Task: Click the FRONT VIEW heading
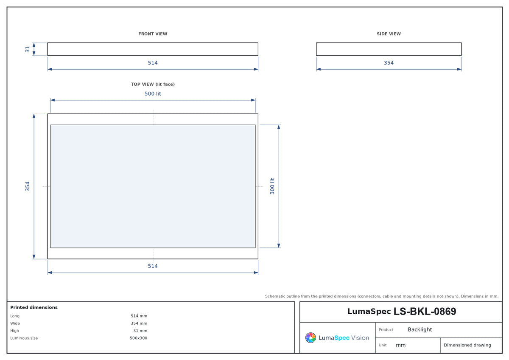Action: tap(153, 34)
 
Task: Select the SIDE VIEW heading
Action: tap(389, 34)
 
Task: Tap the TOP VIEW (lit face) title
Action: tap(153, 84)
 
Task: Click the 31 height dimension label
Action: tap(28, 49)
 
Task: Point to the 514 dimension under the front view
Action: tap(153, 63)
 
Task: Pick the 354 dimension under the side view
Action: tap(389, 63)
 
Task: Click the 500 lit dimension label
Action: tap(153, 94)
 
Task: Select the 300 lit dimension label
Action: tap(272, 186)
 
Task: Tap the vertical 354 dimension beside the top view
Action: tap(28, 186)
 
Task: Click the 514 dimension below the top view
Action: tap(153, 266)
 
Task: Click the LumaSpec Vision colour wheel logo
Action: tap(310, 337)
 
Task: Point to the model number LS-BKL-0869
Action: tap(425, 311)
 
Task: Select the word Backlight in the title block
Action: tap(420, 329)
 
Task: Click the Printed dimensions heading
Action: tap(34, 307)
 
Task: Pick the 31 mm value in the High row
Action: tap(140, 331)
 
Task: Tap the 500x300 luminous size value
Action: tap(138, 338)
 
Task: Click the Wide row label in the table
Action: tap(15, 323)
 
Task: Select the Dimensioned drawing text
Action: tap(467, 345)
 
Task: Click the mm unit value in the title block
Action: tap(400, 345)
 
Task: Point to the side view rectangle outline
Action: tap(389, 43)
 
